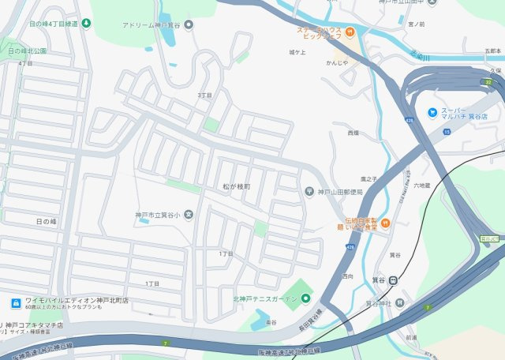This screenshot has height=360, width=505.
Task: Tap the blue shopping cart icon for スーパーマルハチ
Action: pos(432,112)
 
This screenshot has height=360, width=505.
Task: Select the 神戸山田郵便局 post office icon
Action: pos(309,193)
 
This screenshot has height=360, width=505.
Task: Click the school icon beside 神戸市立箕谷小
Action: pos(189,215)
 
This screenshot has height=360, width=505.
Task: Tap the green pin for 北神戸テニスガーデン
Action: pos(305,298)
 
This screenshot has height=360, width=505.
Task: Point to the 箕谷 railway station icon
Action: pos(393,279)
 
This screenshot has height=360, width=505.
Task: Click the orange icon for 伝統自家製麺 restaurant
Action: pos(385,223)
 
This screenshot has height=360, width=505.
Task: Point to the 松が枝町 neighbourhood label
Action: pos(235,186)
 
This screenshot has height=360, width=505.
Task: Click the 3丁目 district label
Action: pos(204,95)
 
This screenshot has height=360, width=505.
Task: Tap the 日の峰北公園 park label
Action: pos(28,51)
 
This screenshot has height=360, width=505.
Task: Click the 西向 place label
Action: pos(348,276)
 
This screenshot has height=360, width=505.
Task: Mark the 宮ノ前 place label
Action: pos(416,24)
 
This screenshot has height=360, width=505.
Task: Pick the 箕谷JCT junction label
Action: pos(490,237)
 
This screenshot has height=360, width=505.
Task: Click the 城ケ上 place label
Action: pos(297,52)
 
